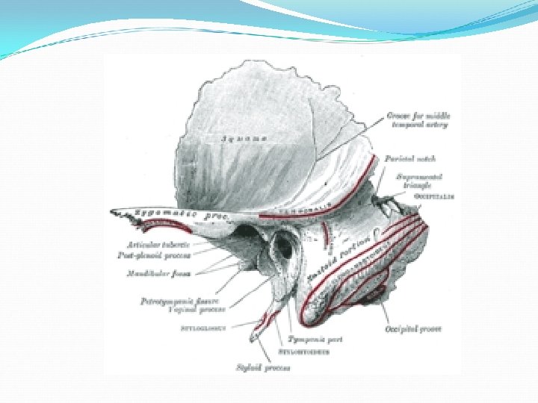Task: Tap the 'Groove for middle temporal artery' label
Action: tap(417, 120)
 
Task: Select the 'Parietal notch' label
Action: tap(409, 158)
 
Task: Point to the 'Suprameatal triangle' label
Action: tap(419, 181)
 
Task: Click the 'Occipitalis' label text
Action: tap(435, 196)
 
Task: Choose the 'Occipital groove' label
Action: tap(412, 328)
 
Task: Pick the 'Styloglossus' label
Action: tap(205, 326)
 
